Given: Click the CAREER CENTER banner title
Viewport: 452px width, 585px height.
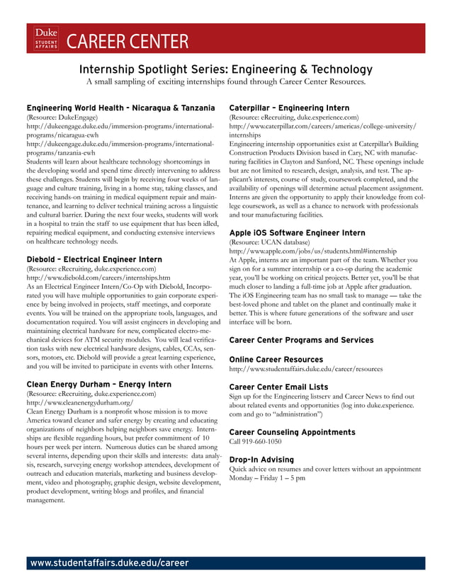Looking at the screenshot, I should [128, 42].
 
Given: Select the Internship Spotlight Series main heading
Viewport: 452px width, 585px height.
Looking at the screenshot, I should [225, 69].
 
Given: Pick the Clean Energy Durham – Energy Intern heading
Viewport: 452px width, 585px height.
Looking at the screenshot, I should [98, 385].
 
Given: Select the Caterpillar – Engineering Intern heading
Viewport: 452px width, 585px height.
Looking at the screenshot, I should [289, 108].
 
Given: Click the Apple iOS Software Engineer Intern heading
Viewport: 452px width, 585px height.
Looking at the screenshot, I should [298, 232].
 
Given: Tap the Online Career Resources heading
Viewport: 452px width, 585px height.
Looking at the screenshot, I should [276, 360].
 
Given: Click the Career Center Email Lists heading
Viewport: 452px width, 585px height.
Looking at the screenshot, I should [279, 387].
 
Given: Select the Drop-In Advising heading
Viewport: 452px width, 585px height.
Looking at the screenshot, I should [261, 460].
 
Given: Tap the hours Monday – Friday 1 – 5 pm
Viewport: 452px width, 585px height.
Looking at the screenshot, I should [268, 478].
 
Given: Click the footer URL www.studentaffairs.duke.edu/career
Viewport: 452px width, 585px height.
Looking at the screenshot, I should [109, 563].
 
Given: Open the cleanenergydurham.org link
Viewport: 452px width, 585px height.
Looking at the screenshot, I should [79, 402].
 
